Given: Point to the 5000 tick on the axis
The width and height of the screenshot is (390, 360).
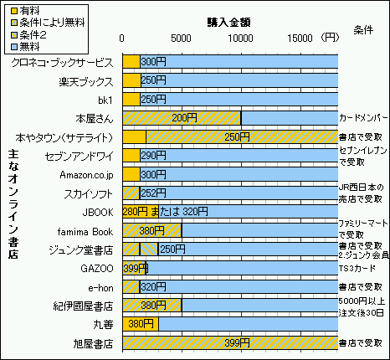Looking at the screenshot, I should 182,38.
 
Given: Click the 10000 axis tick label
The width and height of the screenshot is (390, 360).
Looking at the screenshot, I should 241,38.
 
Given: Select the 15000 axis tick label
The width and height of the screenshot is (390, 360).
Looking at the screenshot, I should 300,38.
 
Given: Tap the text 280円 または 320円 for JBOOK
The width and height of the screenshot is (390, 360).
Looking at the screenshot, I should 164,211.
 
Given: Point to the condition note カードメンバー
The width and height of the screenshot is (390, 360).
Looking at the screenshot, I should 363,118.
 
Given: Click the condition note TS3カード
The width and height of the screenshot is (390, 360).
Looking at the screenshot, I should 357,267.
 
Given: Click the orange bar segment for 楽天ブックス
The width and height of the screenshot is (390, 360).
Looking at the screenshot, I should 131,80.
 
